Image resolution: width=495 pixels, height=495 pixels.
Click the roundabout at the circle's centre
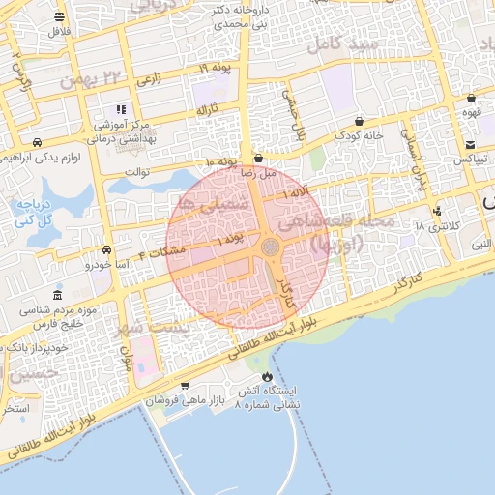271,248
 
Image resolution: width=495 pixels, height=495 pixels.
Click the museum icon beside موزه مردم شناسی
58,294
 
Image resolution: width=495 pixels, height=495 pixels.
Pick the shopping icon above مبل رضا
258,158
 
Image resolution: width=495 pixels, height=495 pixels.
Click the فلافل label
60,32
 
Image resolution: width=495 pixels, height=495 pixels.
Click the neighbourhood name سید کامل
333,44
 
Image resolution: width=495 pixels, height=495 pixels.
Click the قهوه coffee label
471,111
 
